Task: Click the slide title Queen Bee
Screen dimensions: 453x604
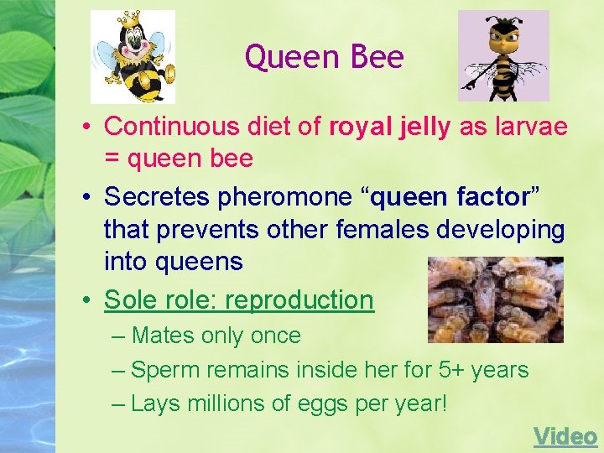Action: [324, 57]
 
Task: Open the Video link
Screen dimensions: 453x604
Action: [565, 436]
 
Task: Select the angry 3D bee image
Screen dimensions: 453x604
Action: [503, 55]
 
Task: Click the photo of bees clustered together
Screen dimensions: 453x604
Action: [495, 299]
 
